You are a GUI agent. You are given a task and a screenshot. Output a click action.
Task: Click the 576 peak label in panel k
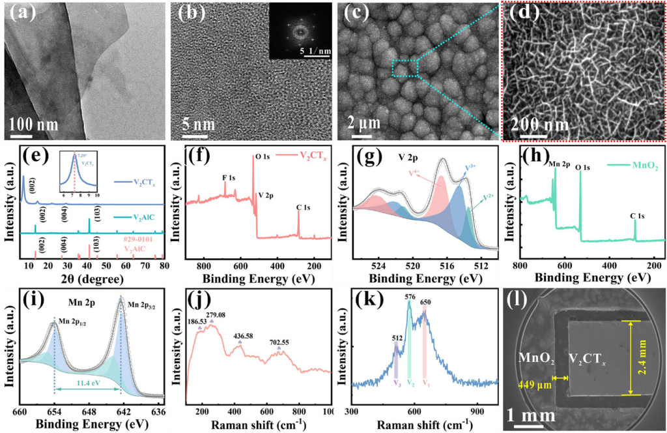[410, 297]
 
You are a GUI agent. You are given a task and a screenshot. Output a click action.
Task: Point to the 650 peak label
[426, 303]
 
